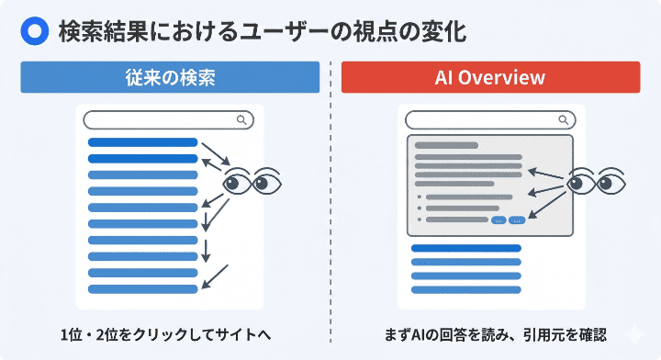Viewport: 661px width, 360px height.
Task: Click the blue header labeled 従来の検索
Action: [170, 77]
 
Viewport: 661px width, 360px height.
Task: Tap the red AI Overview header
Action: [490, 77]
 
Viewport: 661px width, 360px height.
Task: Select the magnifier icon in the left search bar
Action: [241, 119]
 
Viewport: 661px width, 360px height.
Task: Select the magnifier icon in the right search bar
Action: [563, 119]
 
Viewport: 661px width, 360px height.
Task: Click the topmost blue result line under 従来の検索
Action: [142, 142]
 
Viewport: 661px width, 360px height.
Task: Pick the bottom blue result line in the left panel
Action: [142, 288]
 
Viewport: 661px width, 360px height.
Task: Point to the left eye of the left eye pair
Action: [236, 182]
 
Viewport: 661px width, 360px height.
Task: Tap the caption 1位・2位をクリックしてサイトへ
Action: [170, 332]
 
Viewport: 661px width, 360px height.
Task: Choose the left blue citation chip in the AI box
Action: [499, 220]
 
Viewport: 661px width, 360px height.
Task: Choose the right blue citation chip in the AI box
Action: [516, 220]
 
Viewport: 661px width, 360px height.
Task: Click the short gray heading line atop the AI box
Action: [446, 145]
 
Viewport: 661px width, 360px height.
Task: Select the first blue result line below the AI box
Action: [466, 248]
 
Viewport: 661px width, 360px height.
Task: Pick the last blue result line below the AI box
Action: [466, 288]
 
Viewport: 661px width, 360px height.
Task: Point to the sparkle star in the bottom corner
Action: [633, 335]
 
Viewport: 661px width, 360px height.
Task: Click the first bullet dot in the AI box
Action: [419, 197]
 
